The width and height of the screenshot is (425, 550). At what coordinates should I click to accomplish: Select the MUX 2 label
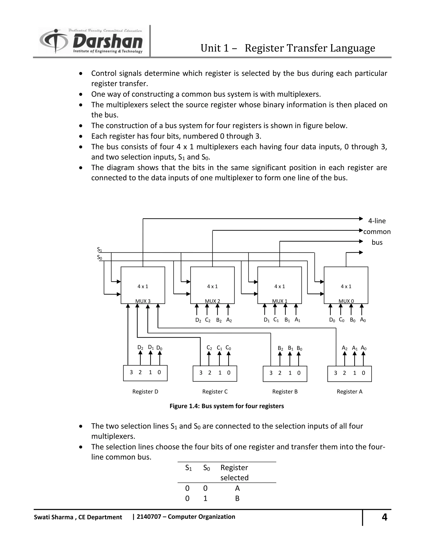[212, 301]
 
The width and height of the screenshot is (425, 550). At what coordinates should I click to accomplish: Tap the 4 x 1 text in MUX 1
[280, 286]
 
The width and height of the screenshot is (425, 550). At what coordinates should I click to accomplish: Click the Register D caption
[145, 392]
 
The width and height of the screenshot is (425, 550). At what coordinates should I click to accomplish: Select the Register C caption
[215, 392]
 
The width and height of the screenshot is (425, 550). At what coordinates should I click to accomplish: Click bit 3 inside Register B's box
[271, 373]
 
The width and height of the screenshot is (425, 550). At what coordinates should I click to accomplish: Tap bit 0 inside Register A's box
[363, 373]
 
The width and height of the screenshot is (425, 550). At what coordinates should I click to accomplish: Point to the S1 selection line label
[99, 249]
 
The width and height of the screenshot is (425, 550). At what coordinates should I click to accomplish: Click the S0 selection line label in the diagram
[99, 258]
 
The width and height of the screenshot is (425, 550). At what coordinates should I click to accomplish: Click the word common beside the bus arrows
[377, 232]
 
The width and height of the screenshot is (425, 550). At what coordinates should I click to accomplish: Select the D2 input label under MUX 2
[198, 320]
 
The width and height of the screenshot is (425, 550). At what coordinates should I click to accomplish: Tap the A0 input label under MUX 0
[363, 320]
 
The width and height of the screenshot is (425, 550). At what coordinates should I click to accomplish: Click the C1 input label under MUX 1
[276, 320]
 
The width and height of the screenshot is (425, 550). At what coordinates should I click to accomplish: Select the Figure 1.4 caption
[227, 406]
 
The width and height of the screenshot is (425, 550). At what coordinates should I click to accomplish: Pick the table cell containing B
[237, 498]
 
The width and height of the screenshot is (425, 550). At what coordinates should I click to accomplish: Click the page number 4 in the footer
[384, 517]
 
